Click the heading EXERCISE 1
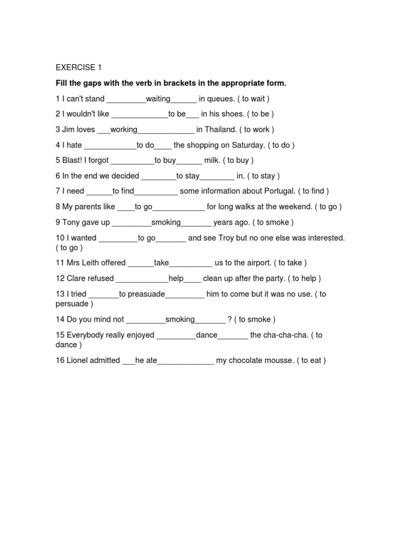click(x=79, y=68)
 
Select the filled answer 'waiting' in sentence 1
click(x=158, y=99)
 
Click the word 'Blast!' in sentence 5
click(x=74, y=161)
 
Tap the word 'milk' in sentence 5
click(x=211, y=161)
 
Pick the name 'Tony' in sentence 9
click(x=74, y=223)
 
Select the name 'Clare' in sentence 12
click(x=74, y=278)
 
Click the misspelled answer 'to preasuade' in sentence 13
click(x=142, y=294)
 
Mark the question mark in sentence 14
click(x=230, y=320)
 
